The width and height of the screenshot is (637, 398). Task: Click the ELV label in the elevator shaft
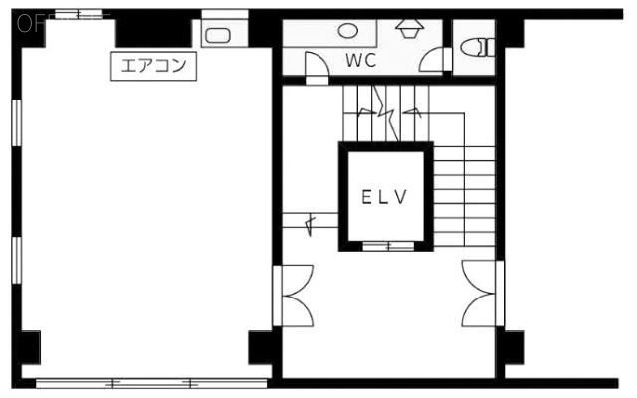click(385, 197)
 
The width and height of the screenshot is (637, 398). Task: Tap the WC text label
click(361, 60)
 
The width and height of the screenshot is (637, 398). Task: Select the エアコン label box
click(154, 67)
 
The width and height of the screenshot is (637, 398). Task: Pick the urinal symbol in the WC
click(408, 27)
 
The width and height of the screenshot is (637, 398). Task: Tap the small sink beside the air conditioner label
click(218, 35)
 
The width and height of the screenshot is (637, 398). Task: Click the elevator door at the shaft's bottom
click(385, 244)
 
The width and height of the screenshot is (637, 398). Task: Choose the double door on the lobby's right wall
click(480, 294)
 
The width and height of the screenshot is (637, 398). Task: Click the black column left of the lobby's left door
click(260, 346)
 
